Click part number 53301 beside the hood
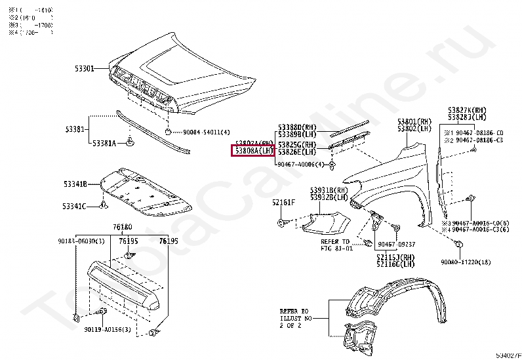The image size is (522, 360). pyautogui.click(x=83, y=68)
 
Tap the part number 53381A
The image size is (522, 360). pyautogui.click(x=104, y=143)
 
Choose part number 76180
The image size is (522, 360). pyautogui.click(x=122, y=227)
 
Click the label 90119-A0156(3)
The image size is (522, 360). pyautogui.click(x=107, y=329)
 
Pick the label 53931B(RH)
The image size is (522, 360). pyautogui.click(x=329, y=189)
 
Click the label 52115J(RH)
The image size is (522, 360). pyautogui.click(x=395, y=257)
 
